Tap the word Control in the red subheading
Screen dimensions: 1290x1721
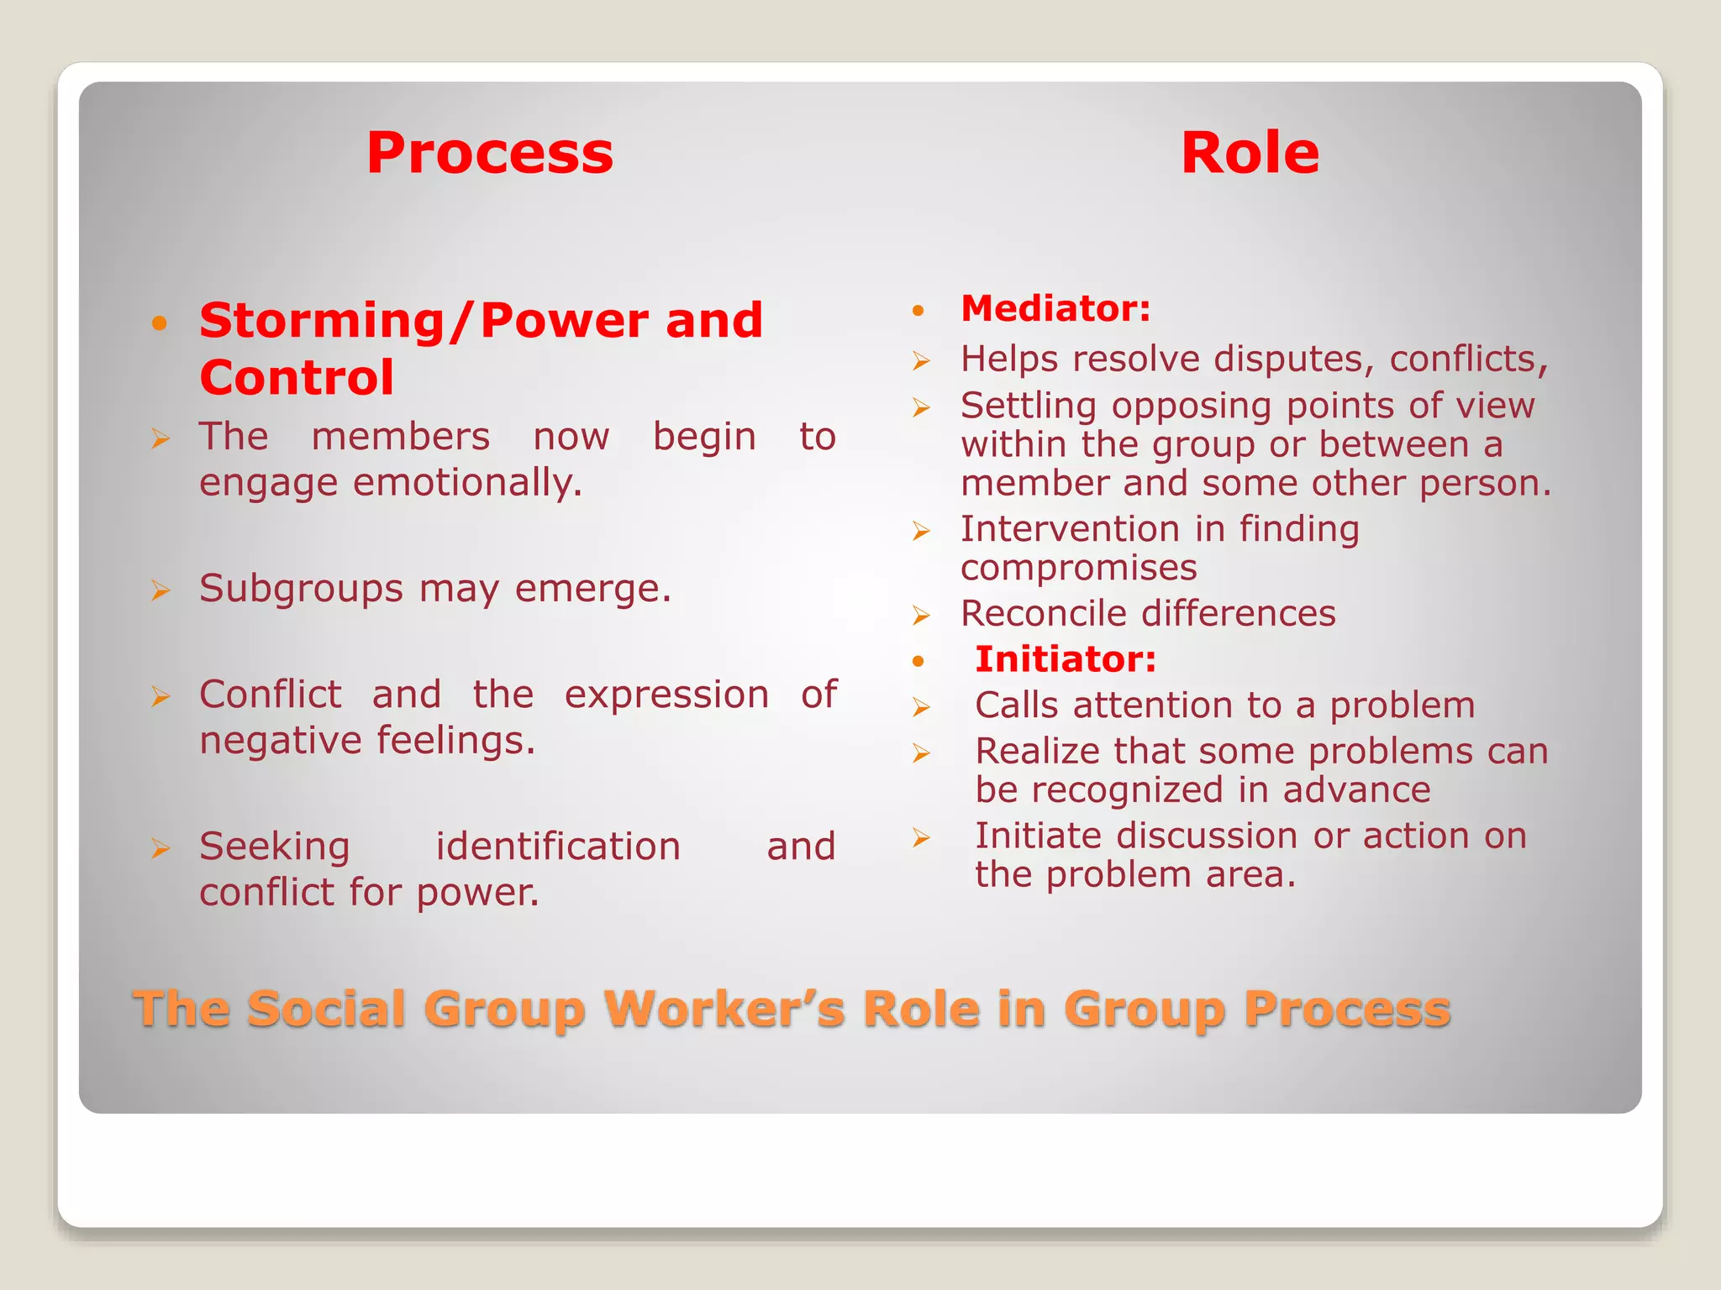tap(297, 377)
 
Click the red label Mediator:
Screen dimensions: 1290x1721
tap(1055, 308)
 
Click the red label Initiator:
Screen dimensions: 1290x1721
tap(1066, 659)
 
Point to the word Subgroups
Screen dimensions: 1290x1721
tap(301, 589)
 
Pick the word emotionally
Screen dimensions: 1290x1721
tap(467, 483)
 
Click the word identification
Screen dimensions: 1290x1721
tap(558, 847)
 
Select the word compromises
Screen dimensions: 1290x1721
tap(1078, 568)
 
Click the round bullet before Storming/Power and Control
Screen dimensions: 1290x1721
tap(160, 322)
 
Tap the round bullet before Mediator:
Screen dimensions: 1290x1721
tap(918, 311)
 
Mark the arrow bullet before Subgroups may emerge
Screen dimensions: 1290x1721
tap(161, 590)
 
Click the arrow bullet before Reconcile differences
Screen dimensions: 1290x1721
tap(922, 616)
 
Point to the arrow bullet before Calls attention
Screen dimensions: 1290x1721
tap(922, 707)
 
